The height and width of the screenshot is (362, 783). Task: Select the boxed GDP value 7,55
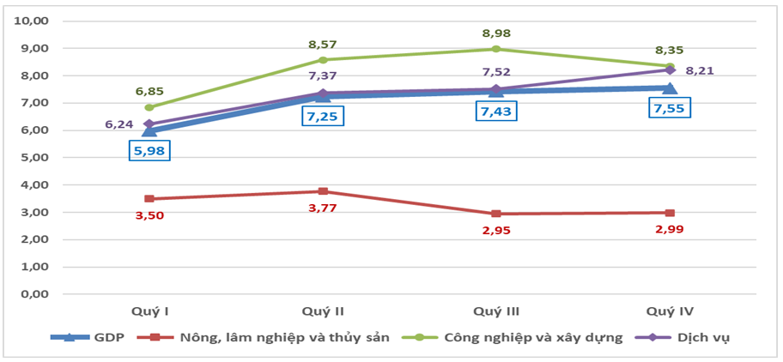coord(668,109)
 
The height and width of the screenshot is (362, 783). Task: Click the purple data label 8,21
coord(701,70)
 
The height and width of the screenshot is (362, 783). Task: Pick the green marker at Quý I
coord(149,107)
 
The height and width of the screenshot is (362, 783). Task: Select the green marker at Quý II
coord(323,60)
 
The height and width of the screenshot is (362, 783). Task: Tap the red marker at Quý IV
coord(669,213)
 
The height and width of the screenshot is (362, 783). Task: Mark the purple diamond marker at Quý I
coord(149,124)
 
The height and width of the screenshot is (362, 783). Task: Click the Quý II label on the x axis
coord(323,311)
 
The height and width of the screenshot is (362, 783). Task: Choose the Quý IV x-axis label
coord(669,311)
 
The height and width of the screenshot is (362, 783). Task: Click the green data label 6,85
coord(149,89)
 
